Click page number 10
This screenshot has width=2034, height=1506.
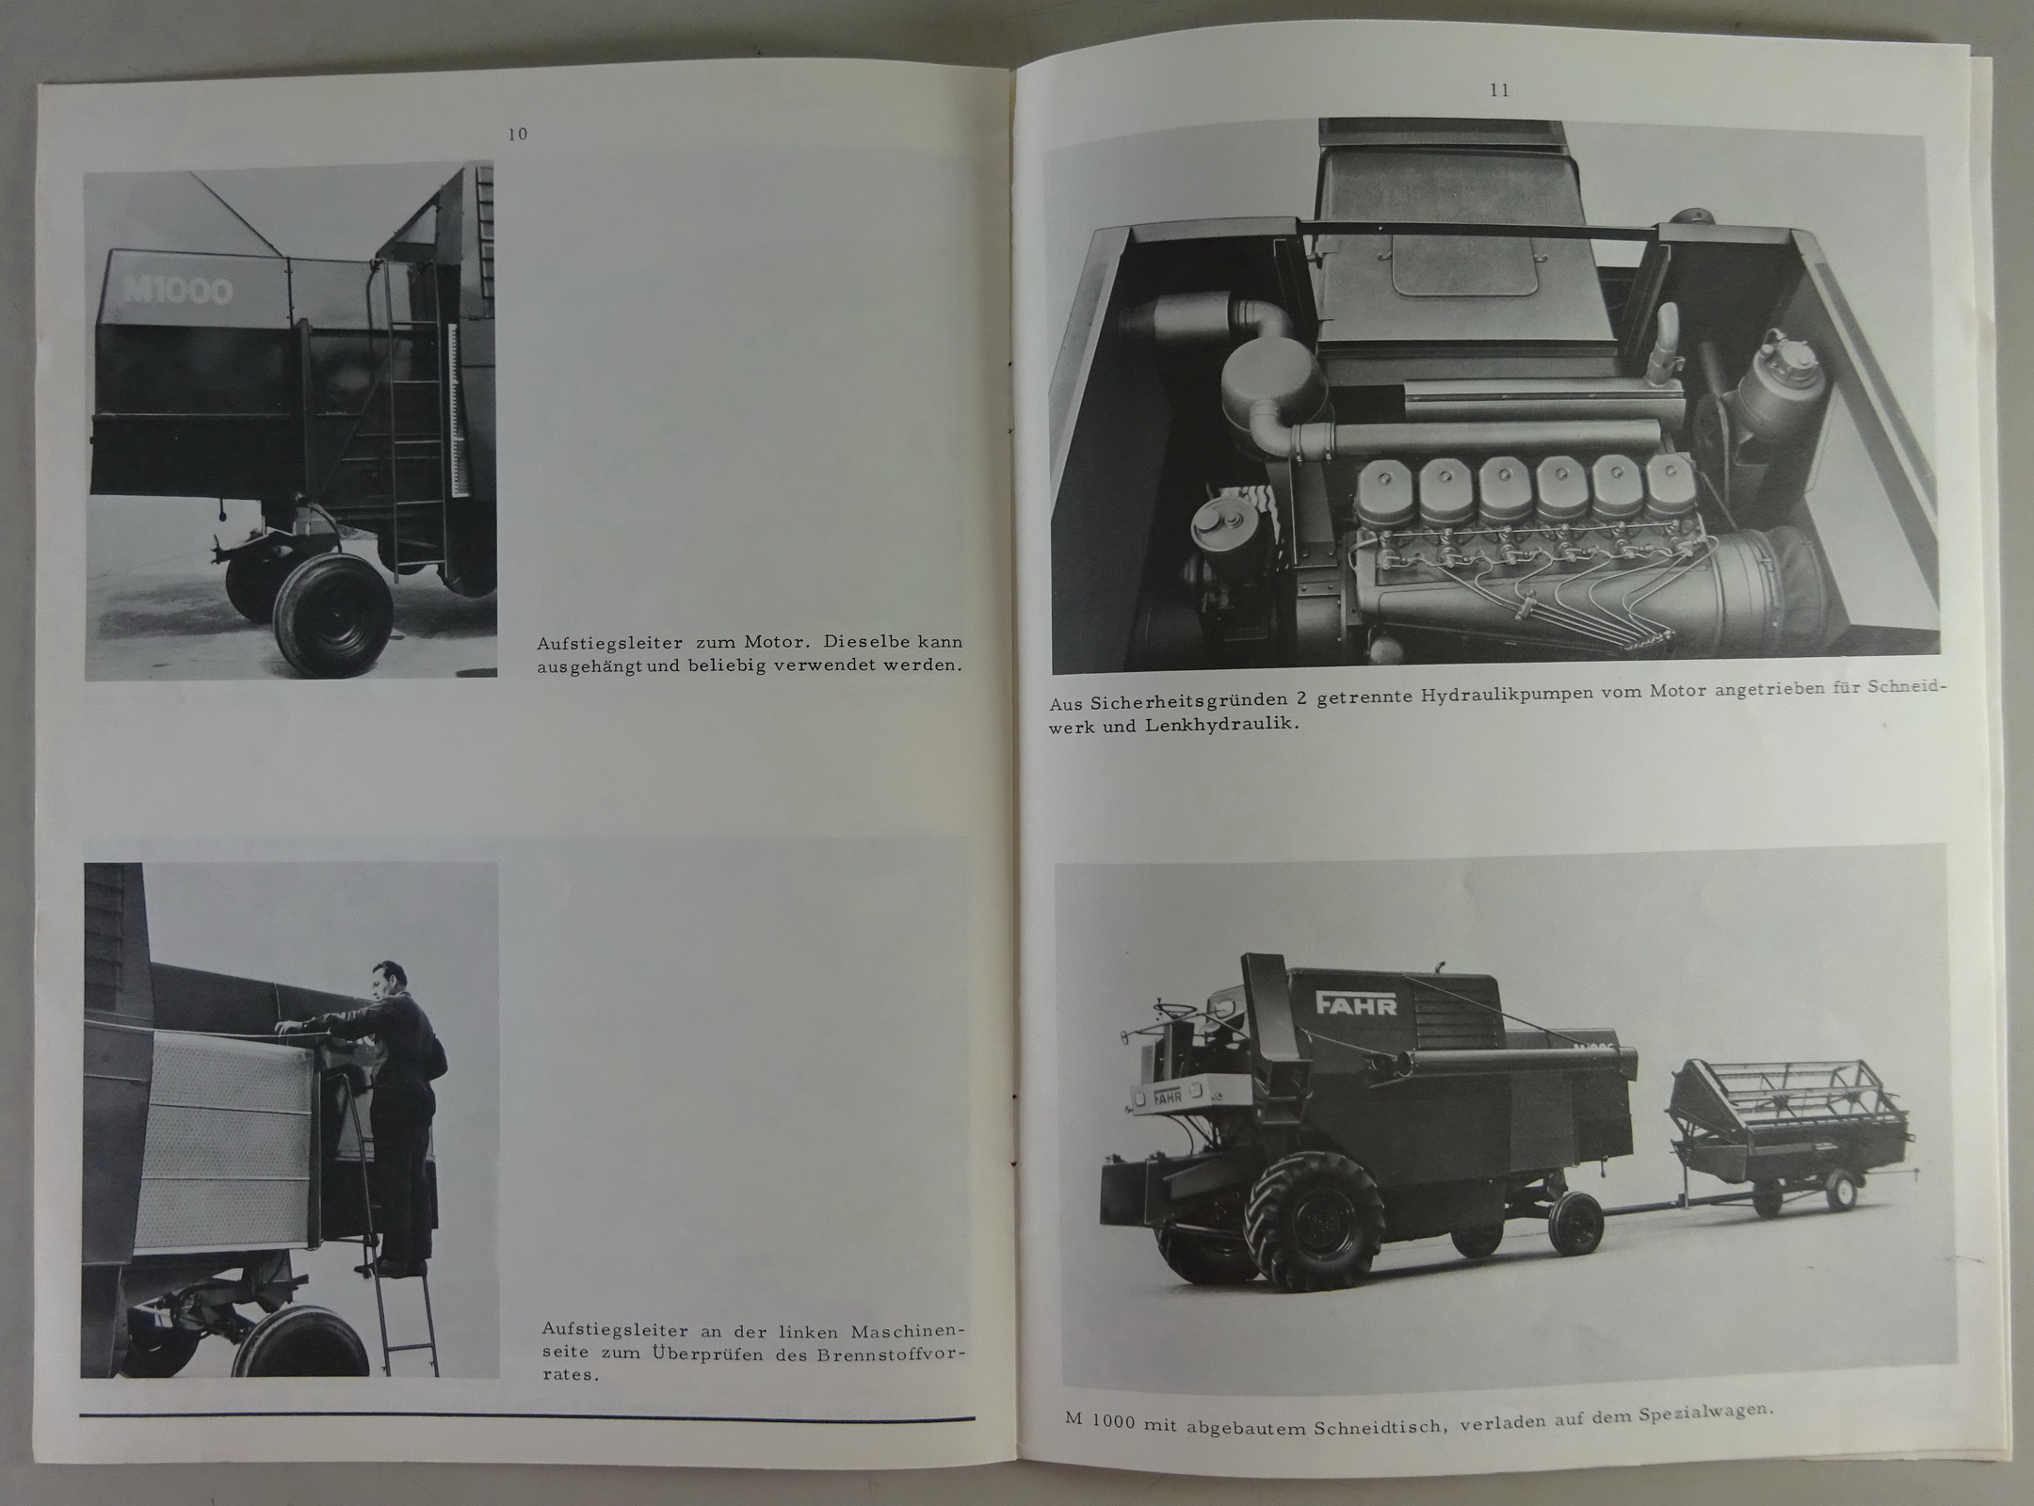(517, 135)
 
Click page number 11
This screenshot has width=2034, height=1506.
(1499, 91)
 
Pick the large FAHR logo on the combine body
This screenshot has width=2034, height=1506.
(1357, 1004)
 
